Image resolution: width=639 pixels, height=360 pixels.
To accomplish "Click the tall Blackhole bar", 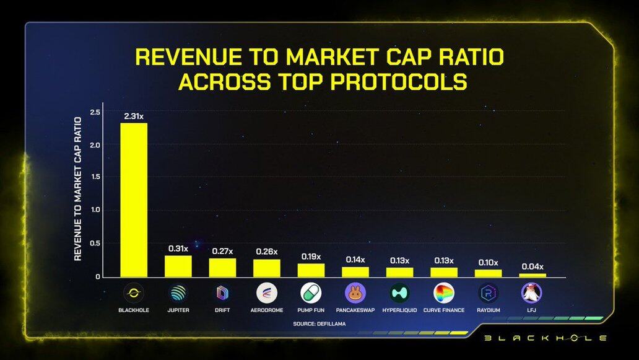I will [x=134, y=200].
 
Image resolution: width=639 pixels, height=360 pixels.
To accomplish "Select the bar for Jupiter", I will [x=178, y=266].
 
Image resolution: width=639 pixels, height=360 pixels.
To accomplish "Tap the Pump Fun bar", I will [x=311, y=270].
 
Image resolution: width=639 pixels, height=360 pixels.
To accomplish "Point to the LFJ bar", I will [x=532, y=274].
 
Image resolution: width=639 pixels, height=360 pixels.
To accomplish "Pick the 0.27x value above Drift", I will [x=222, y=250].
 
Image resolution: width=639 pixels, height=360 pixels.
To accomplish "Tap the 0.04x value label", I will [x=532, y=266].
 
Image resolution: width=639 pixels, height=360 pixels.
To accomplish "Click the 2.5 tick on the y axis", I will [x=95, y=112].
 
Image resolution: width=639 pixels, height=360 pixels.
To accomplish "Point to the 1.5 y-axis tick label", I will [x=95, y=177].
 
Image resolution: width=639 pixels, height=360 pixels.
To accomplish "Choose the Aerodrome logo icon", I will [x=267, y=292].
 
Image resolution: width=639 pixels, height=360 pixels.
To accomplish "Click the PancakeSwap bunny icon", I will [x=355, y=292].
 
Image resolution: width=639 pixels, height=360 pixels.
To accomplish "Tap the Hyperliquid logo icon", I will [x=399, y=292].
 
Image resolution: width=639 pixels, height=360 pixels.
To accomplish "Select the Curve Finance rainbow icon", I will [x=444, y=292].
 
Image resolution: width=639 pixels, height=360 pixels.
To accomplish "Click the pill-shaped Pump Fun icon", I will [x=311, y=292].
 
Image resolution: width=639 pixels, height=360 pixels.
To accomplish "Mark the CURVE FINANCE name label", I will [x=444, y=310].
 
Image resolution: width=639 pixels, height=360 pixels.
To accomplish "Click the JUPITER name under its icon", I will [x=178, y=310].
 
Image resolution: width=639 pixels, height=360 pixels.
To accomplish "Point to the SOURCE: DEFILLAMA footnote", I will [x=319, y=324].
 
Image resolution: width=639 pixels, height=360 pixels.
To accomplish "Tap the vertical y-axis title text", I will [x=78, y=188].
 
